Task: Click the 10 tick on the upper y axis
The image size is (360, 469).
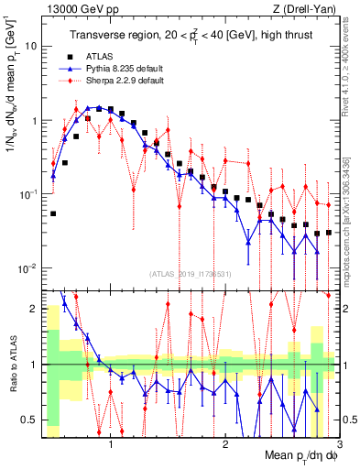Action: pyautogui.click(x=31, y=46)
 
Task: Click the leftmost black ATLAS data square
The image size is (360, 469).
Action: pyautogui.click(x=53, y=213)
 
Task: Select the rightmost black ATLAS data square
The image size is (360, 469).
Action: pyautogui.click(x=328, y=232)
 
